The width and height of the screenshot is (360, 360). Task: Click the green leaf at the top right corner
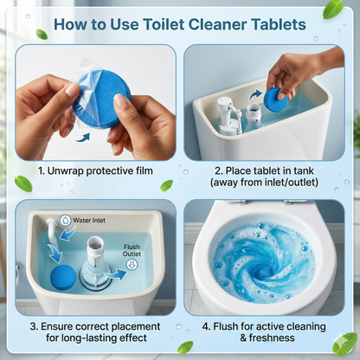click(332, 9)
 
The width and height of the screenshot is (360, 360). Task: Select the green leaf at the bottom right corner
click(344, 344)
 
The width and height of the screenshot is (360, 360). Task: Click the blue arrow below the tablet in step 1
click(83, 136)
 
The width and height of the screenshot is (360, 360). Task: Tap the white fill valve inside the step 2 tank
click(228, 113)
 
